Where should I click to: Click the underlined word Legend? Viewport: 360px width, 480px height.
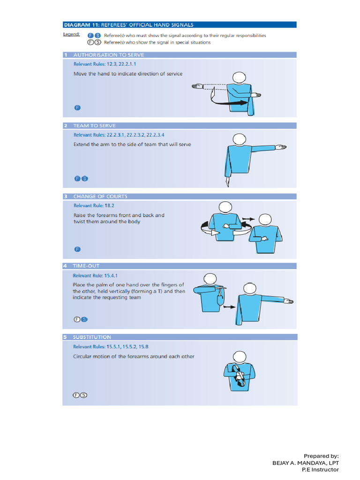(x=71, y=34)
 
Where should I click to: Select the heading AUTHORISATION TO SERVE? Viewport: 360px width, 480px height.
(x=108, y=55)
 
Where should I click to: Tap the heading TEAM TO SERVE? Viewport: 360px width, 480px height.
(x=94, y=126)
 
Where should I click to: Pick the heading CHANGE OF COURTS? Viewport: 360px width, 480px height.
(x=100, y=196)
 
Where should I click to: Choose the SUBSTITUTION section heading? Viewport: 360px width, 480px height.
(x=92, y=337)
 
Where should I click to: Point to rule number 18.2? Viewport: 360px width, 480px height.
(x=109, y=205)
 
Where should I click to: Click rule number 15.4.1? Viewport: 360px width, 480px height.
(x=111, y=276)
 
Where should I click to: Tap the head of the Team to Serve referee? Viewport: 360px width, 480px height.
(x=239, y=139)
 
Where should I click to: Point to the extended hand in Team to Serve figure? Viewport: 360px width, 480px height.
(x=280, y=148)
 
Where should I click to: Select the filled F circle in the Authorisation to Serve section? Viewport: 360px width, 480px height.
(x=77, y=108)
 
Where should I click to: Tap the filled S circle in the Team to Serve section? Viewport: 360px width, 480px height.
(x=84, y=179)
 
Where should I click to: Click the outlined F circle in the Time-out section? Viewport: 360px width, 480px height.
(x=76, y=320)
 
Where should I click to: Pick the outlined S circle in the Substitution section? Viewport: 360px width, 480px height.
(x=83, y=395)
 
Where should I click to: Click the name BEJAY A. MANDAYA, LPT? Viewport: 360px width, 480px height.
(x=305, y=463)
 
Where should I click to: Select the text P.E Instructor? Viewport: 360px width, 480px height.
(x=320, y=469)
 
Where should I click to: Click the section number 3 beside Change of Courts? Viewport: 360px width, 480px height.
(x=66, y=196)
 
